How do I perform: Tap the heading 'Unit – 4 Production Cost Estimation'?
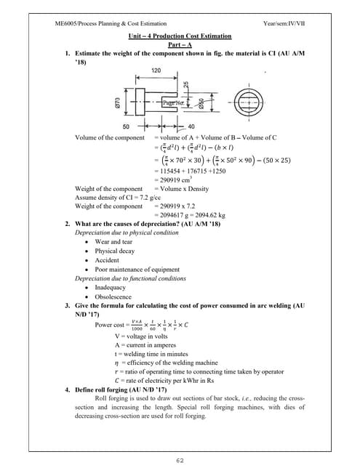[180, 36]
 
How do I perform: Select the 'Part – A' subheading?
[180, 44]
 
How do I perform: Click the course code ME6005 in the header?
[68, 25]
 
